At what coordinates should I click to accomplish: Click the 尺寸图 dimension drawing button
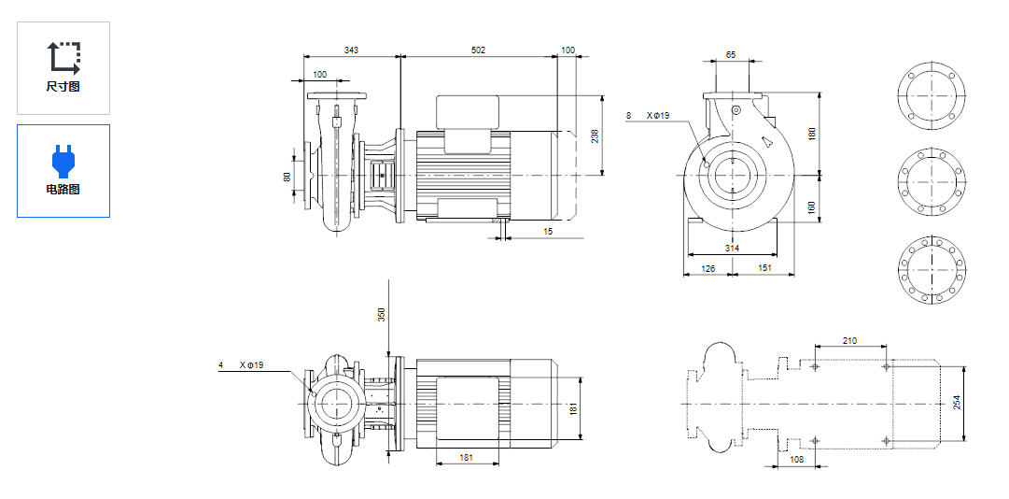tap(63, 67)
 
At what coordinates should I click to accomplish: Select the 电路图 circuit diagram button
tap(63, 171)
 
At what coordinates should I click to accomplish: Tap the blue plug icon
tap(63, 160)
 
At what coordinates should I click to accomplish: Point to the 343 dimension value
tap(352, 50)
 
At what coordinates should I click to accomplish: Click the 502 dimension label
tap(478, 50)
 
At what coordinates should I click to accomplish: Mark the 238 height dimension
tap(595, 135)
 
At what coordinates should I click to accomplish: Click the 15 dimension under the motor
tap(548, 231)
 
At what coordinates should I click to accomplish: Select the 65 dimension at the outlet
tap(731, 55)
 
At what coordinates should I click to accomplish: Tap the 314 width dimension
tap(733, 248)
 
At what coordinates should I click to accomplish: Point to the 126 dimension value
tap(708, 269)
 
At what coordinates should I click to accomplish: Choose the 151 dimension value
tap(764, 269)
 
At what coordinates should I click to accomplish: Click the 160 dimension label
tap(811, 206)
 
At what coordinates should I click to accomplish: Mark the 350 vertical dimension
tap(381, 314)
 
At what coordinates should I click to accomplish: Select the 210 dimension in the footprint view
tap(849, 341)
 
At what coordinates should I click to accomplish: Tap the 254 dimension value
tap(956, 402)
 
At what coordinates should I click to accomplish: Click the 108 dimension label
tap(797, 460)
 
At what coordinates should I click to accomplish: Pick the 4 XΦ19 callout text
tap(242, 365)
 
